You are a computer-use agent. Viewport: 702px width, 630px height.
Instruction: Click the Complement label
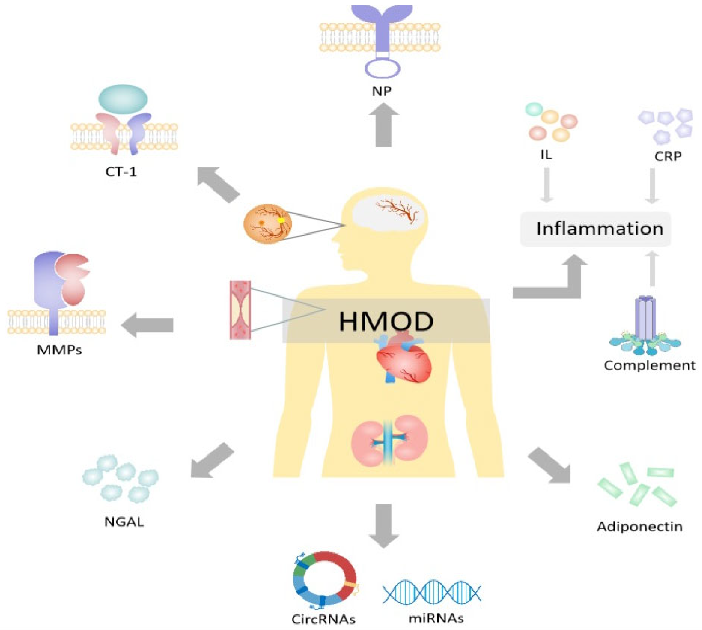(649, 365)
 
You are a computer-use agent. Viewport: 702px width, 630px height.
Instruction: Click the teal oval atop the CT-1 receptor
(123, 99)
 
